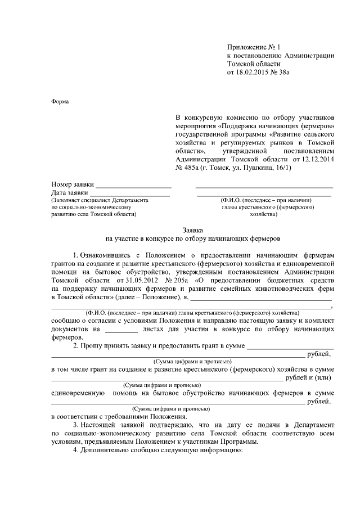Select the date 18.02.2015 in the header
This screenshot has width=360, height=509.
tap(257, 73)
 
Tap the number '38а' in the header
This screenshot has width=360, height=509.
tap(291, 73)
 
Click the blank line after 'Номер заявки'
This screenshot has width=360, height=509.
tap(133, 184)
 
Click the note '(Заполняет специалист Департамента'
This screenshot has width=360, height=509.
tap(99, 200)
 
